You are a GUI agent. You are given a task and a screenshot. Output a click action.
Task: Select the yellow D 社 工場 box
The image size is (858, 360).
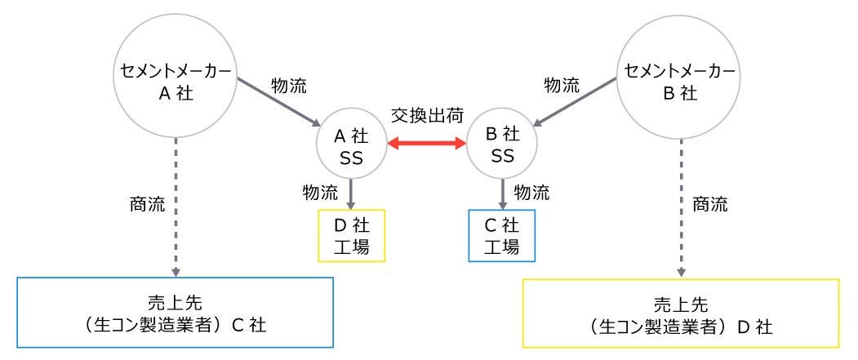coord(350,236)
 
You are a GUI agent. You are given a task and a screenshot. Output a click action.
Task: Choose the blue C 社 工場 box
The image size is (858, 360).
coord(500,236)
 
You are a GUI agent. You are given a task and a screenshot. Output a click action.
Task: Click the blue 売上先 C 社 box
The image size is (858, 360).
coord(176,314)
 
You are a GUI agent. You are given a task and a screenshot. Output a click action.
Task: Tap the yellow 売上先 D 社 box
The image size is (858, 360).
coord(680,314)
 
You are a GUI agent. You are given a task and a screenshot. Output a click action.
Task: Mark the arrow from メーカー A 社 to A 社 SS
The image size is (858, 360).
coord(278,101)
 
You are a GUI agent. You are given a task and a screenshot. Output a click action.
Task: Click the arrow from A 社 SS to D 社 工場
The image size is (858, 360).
coord(350,193)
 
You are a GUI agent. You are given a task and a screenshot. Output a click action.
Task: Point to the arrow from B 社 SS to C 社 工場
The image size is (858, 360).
coord(500,193)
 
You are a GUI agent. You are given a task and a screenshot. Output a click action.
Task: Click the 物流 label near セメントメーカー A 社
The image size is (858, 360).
coord(288,83)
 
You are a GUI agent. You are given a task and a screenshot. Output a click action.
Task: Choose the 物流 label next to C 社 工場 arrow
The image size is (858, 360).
coord(531,192)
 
